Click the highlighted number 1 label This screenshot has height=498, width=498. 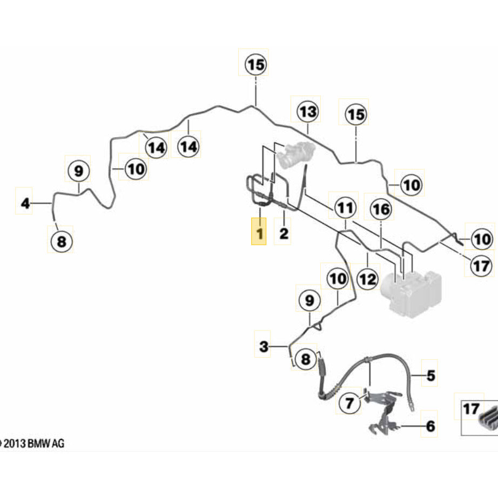click(260, 234)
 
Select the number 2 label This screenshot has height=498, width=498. click(284, 234)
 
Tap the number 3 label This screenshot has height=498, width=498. click(264, 346)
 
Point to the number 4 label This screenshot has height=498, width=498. click(25, 204)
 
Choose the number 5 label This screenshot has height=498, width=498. click(430, 375)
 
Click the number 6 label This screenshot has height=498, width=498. click(430, 426)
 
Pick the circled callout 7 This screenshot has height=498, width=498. click(349, 402)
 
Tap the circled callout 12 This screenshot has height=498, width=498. click(367, 279)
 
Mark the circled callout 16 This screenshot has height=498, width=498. click(381, 209)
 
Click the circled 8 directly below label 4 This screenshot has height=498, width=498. click(62, 241)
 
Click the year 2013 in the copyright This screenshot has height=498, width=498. click(15, 444)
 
